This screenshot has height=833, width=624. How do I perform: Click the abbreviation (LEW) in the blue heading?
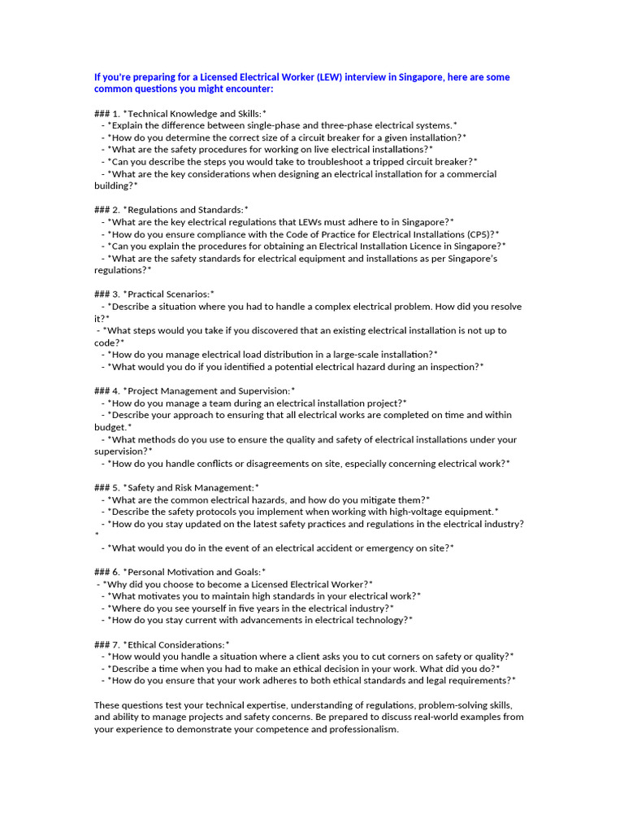click(326, 77)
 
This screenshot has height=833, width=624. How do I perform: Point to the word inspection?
click(457, 366)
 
